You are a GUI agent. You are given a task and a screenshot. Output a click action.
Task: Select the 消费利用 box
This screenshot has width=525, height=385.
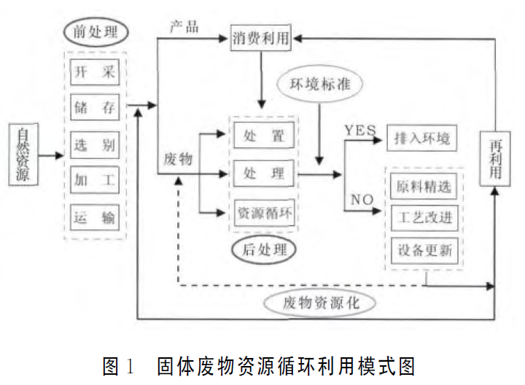pyautogui.click(x=260, y=38)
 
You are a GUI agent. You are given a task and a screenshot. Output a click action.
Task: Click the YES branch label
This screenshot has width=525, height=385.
pyautogui.click(x=360, y=130)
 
